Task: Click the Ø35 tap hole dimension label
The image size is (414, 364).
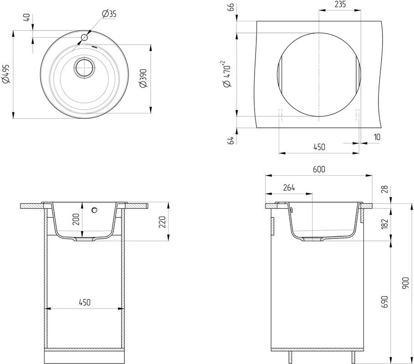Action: [x=109, y=14]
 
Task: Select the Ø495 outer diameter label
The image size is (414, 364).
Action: [x=6, y=74]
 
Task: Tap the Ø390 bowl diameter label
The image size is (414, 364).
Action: [x=143, y=78]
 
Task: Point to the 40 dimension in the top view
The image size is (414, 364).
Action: [x=27, y=18]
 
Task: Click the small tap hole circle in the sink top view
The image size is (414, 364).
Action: [x=84, y=37]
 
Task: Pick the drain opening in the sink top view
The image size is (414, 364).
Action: [x=85, y=67]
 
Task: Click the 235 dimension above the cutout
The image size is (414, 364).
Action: [x=340, y=4]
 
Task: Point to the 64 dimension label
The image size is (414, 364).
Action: [x=230, y=140]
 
